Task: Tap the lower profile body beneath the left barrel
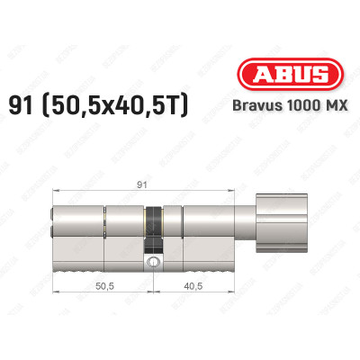(99, 256)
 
